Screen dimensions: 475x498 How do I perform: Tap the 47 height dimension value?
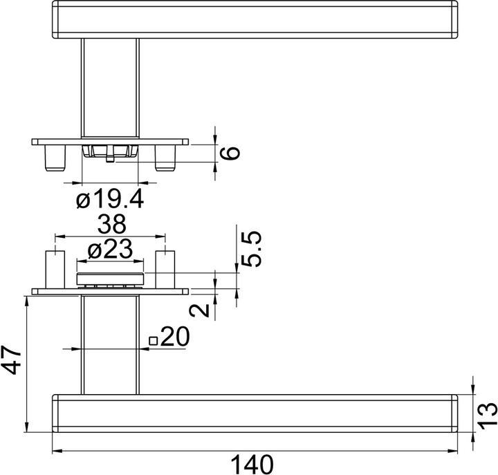point(13,362)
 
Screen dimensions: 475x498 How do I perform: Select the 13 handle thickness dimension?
point(487,413)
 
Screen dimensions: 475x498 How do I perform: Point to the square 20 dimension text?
point(174,337)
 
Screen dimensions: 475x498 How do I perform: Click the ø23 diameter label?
point(110,251)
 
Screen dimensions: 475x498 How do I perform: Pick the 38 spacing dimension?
point(111,225)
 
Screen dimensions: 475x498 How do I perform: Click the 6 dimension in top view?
point(233,152)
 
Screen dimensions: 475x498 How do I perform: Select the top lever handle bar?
point(256,19)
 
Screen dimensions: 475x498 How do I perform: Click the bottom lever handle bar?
point(256,413)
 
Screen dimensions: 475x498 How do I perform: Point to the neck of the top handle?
point(110,86)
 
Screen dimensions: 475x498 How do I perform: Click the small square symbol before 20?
point(153,339)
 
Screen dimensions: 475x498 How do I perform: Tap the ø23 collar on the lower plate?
point(110,279)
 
